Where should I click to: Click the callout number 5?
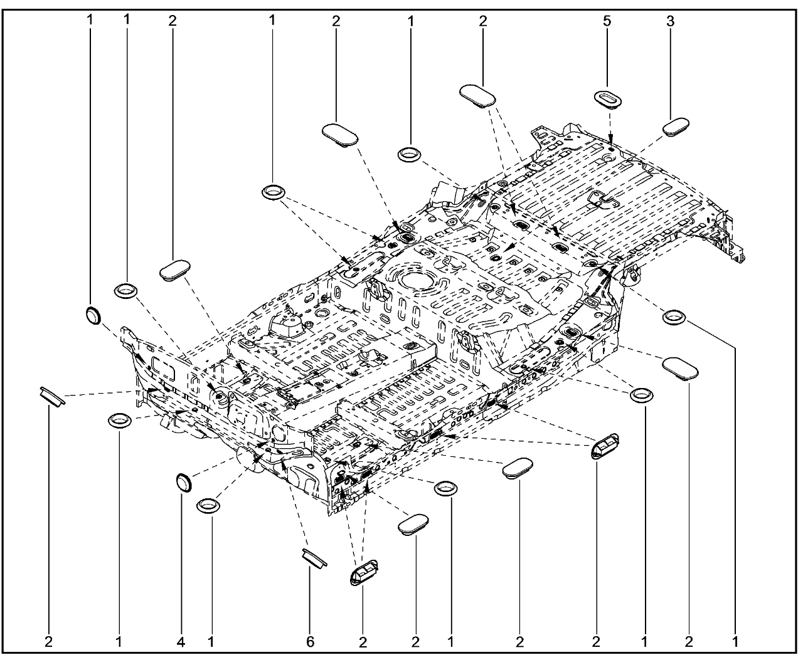pyautogui.click(x=607, y=21)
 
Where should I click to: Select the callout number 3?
pyautogui.click(x=670, y=21)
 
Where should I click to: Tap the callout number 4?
pyautogui.click(x=181, y=642)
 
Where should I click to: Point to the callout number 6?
pyautogui.click(x=311, y=642)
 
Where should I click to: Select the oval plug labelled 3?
pyautogui.click(x=676, y=127)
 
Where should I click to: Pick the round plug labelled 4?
pyautogui.click(x=184, y=482)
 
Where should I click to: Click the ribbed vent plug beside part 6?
pyautogui.click(x=364, y=572)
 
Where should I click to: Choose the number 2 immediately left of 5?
pyautogui.click(x=483, y=21)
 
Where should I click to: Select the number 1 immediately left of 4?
pyautogui.click(x=119, y=642)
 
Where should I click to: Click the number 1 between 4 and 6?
pyautogui.click(x=211, y=642)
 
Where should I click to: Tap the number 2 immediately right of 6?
pyautogui.click(x=363, y=642)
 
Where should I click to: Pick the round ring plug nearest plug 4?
pyautogui.click(x=208, y=506)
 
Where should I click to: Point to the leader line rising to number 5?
pyautogui.click(x=607, y=58)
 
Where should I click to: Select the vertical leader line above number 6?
pyautogui.click(x=310, y=600)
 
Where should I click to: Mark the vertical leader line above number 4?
pyautogui.click(x=181, y=563)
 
